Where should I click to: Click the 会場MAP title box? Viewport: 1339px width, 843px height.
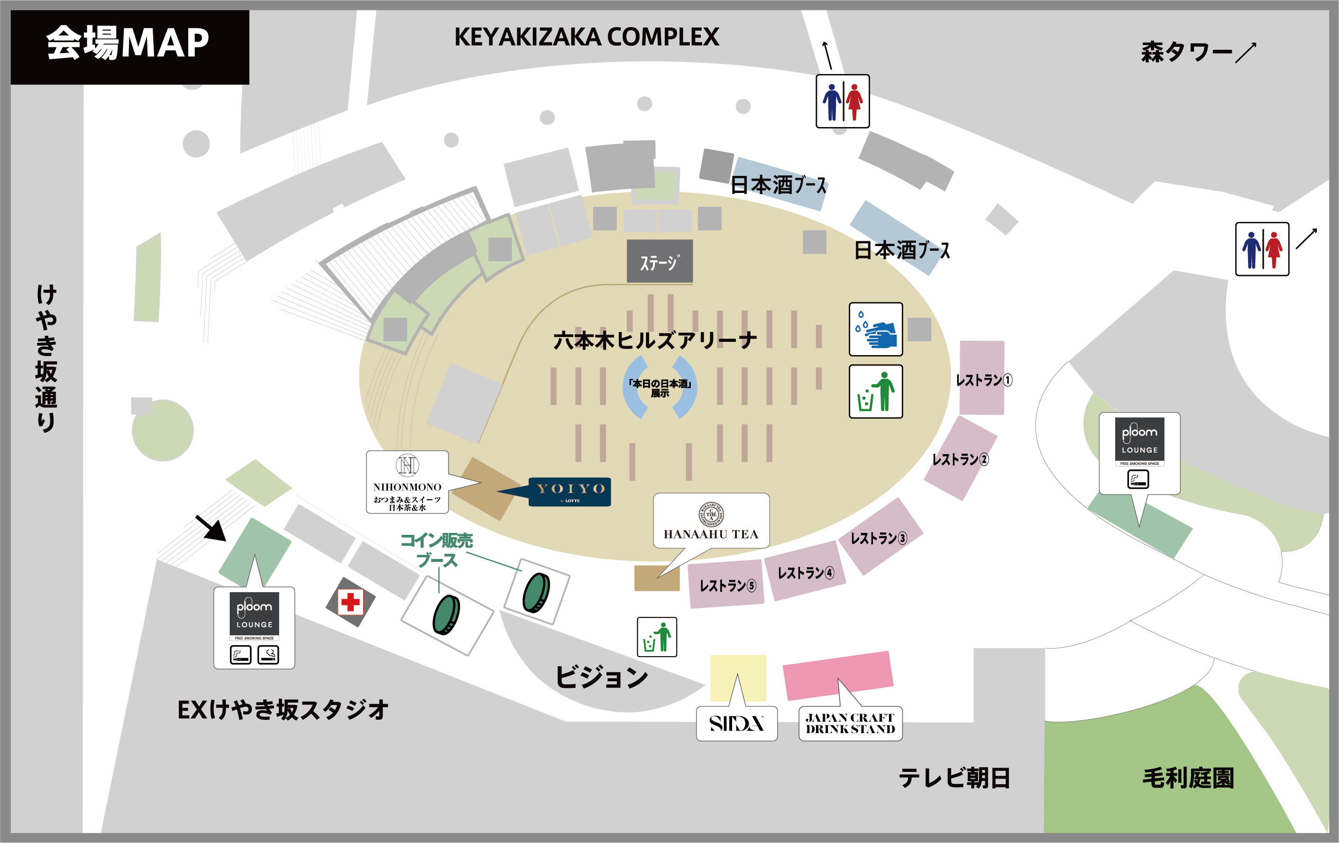click(129, 47)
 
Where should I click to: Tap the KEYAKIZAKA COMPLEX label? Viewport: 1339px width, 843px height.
click(586, 37)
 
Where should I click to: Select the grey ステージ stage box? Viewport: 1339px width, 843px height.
click(660, 261)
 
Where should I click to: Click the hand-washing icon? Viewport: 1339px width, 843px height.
click(875, 329)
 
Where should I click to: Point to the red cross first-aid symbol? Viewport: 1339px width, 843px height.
click(350, 602)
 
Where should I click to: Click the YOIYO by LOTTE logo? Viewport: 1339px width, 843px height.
click(569, 492)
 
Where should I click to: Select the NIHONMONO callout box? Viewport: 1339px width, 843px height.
click(407, 482)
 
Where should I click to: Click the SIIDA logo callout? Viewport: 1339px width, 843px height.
click(736, 724)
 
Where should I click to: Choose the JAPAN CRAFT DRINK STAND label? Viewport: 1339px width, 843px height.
click(850, 724)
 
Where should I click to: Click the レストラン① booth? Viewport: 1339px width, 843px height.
click(982, 378)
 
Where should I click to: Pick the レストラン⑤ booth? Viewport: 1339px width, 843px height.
click(726, 585)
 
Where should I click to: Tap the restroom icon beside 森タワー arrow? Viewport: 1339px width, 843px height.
click(1262, 249)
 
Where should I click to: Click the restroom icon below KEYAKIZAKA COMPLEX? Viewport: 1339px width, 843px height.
click(843, 101)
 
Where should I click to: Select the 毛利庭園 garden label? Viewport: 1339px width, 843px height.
click(1188, 778)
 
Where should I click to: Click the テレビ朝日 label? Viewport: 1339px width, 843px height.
click(954, 778)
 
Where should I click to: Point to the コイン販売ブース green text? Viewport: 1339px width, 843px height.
click(437, 550)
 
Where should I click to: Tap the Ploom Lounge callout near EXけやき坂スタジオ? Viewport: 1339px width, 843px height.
click(254, 627)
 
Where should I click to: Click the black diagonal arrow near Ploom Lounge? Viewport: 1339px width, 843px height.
click(211, 528)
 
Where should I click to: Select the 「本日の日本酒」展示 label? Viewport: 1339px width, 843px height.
click(660, 387)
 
